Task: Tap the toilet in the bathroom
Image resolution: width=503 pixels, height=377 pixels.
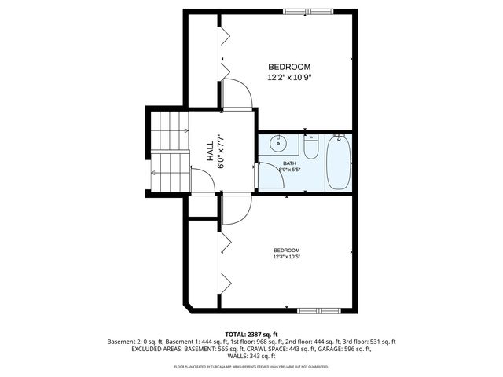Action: (311, 148)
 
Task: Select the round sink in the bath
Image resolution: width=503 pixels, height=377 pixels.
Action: (278, 144)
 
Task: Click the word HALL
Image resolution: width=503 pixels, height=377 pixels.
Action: (210, 151)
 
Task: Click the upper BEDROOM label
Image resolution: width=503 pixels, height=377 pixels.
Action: (289, 67)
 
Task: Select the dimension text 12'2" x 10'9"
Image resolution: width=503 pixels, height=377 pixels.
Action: (289, 78)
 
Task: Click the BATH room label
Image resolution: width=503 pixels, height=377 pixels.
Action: (290, 163)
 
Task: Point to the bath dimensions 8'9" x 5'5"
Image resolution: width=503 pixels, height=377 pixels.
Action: (290, 170)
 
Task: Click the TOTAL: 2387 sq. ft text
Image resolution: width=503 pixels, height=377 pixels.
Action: (251, 334)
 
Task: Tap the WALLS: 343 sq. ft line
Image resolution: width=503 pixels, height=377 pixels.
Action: (251, 357)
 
